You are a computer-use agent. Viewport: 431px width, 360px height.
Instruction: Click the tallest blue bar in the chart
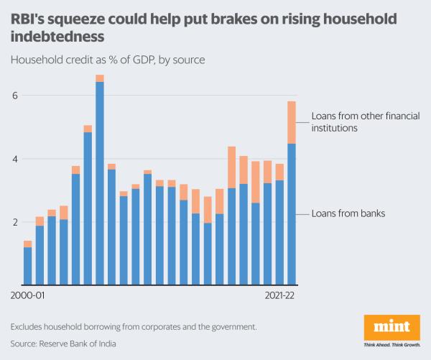click(100, 183)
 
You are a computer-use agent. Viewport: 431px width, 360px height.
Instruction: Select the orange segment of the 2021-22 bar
click(291, 122)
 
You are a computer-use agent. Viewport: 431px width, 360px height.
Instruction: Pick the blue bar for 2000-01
click(27, 266)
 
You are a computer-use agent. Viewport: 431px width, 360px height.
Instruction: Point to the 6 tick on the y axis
click(14, 96)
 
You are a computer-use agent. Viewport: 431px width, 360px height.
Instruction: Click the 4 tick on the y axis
click(14, 159)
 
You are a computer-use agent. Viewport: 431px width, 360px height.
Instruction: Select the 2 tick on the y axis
click(14, 222)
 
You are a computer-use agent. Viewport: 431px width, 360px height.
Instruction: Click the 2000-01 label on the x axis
click(27, 295)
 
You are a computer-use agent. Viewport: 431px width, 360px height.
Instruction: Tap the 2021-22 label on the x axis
click(279, 295)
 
